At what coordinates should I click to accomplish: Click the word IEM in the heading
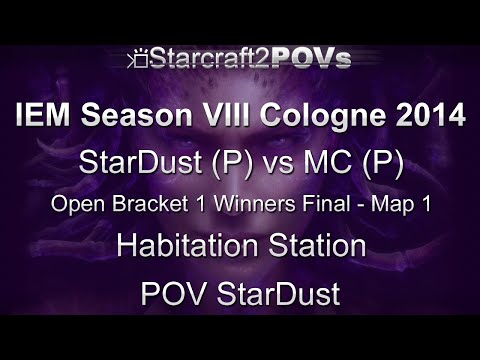(46, 117)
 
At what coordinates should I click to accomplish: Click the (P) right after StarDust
(222, 162)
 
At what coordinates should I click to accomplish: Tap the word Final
(311, 204)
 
